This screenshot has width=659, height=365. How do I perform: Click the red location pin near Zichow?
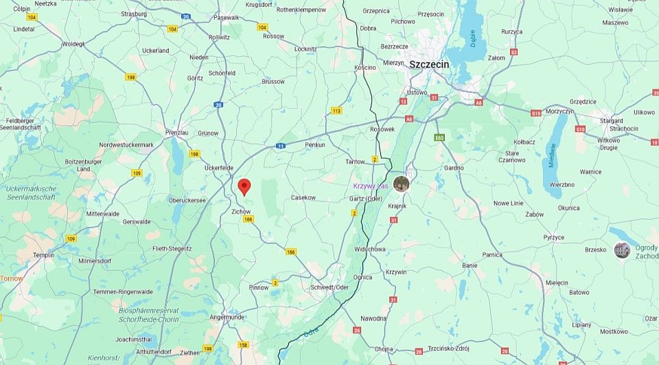pos(244,187)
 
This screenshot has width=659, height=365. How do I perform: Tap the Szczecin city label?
pos(429,64)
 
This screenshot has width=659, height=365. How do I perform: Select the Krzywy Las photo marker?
pos(401,184)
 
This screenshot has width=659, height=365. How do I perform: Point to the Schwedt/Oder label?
pos(329,287)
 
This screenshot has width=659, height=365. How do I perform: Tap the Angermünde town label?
pos(227,317)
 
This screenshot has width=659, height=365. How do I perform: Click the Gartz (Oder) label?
pos(366,199)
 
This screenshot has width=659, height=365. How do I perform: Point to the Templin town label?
pos(43,255)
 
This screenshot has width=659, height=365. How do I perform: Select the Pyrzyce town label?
pos(553,237)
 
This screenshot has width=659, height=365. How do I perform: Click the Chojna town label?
pos(384,349)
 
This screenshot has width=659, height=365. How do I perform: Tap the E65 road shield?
pos(440,137)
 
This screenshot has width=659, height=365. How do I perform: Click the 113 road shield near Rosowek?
pos(336,111)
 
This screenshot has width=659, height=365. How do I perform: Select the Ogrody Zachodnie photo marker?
pos(622,250)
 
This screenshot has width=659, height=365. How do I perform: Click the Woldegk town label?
pos(73,43)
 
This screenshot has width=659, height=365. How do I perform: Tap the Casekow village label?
pos(303,197)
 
